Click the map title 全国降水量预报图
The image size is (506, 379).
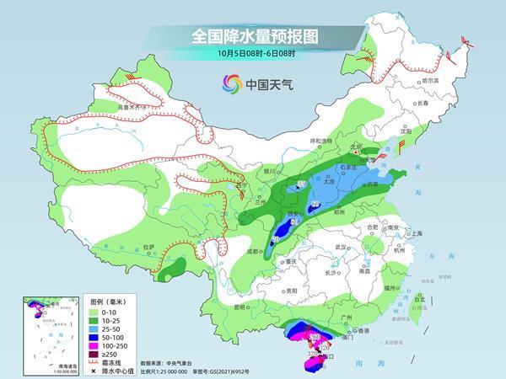pos(252,36)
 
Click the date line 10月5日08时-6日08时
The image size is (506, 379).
pos(252,55)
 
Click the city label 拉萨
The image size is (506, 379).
pos(148,248)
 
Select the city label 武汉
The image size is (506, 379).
pos(340,247)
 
